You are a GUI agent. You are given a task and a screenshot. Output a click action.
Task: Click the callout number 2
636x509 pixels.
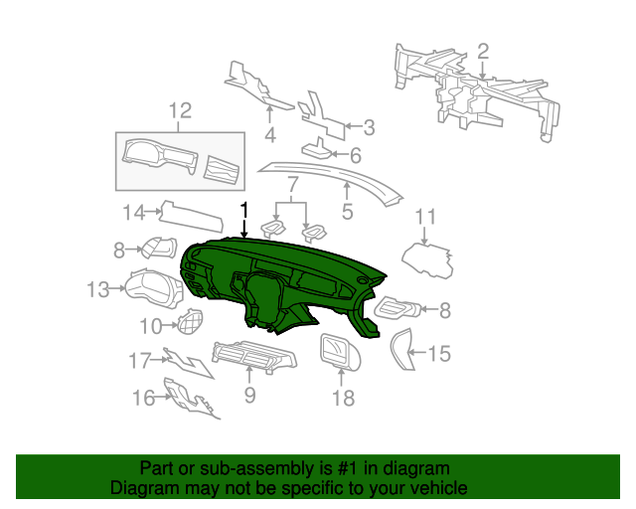483,53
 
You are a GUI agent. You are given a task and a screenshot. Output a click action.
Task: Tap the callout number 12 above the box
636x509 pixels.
180,110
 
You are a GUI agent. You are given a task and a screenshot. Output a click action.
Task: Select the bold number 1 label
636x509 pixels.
243,212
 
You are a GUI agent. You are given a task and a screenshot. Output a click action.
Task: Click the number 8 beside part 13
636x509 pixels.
119,251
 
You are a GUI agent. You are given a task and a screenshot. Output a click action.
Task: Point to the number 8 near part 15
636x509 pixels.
445,310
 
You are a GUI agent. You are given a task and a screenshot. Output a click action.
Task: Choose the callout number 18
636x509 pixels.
344,399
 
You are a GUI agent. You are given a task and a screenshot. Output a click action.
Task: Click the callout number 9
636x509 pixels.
249,395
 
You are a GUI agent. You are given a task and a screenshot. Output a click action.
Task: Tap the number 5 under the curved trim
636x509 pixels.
347,212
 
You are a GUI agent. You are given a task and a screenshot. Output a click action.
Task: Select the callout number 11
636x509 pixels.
425,217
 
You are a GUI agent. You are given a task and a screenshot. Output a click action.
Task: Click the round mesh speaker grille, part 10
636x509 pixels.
190,321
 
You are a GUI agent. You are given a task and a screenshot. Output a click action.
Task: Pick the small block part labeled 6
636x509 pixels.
316,149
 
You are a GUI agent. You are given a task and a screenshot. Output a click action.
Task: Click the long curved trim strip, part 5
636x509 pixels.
345,175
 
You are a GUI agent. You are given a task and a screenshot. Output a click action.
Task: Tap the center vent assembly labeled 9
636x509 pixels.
254,355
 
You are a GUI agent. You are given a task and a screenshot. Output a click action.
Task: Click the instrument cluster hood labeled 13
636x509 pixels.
153,287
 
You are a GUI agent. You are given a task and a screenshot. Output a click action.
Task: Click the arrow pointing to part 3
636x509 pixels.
353,126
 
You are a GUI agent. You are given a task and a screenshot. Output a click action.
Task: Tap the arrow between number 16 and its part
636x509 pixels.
164,397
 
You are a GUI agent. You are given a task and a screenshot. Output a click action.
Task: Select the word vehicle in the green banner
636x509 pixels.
440,488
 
